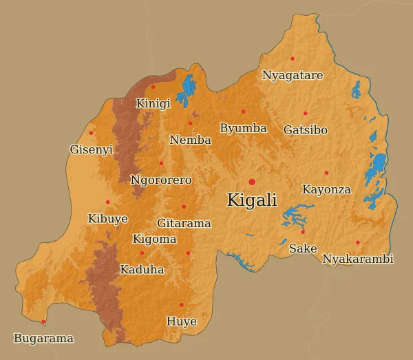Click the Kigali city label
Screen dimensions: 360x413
coord(252,200)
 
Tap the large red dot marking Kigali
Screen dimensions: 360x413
coord(252,182)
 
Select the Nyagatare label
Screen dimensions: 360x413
coord(293,75)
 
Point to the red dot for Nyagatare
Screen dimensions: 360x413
coord(293,59)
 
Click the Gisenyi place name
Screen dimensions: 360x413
coord(91,149)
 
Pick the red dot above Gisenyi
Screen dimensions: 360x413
coord(91,133)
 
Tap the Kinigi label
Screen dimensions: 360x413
coord(153,104)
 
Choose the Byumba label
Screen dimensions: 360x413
coord(243,128)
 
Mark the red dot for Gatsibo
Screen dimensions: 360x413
coord(306,114)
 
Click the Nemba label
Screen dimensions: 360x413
coord(190,140)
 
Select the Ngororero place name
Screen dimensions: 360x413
coord(161,180)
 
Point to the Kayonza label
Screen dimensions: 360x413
coord(326,189)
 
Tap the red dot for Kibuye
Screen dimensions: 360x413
coord(107,202)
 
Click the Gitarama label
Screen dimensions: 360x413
coord(184,223)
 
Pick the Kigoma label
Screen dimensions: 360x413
coord(154,240)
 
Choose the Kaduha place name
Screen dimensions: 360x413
coord(142,270)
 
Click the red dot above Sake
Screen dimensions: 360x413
coord(303,232)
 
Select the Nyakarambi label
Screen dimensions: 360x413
coord(358,260)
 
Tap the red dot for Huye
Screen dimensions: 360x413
coord(182,305)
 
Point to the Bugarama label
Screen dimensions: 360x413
coord(43,339)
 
